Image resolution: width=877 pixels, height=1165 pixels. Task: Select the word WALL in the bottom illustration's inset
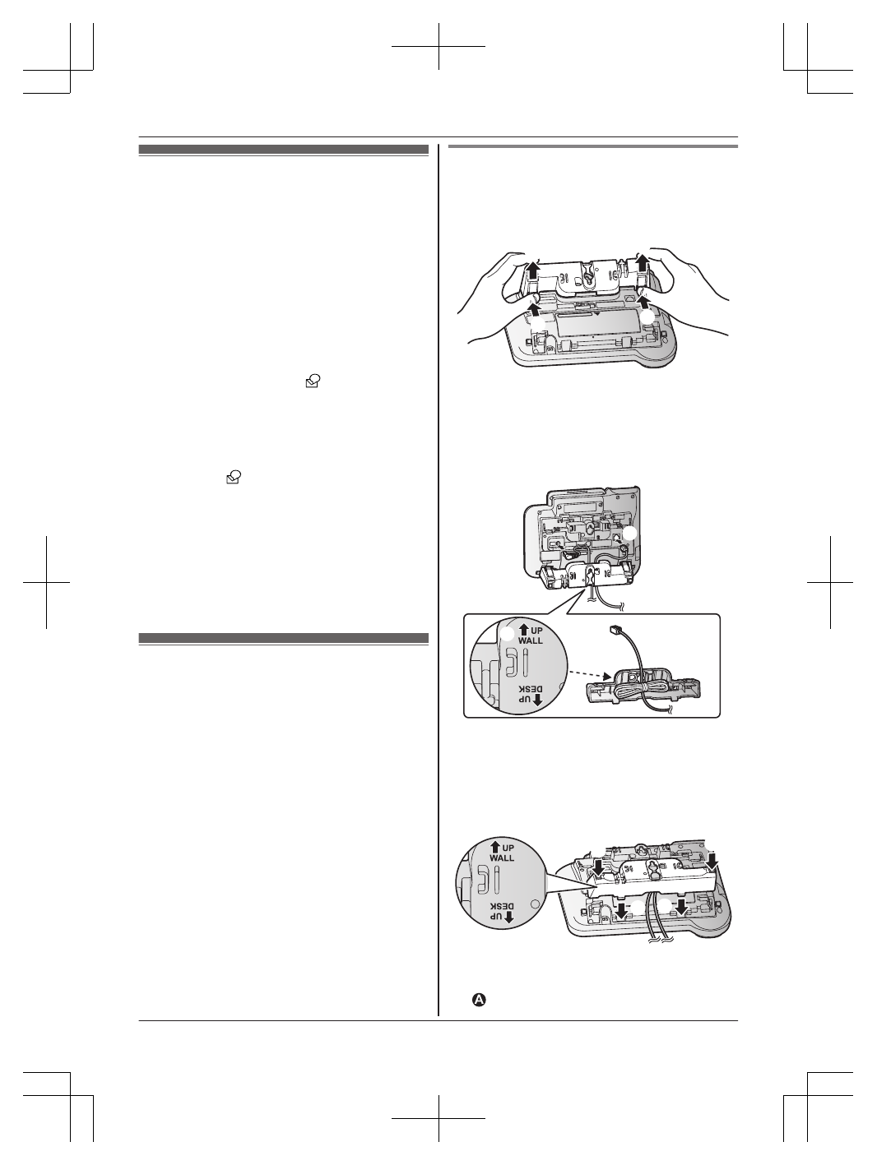[501, 858]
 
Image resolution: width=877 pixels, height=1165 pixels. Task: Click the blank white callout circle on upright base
[630, 534]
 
